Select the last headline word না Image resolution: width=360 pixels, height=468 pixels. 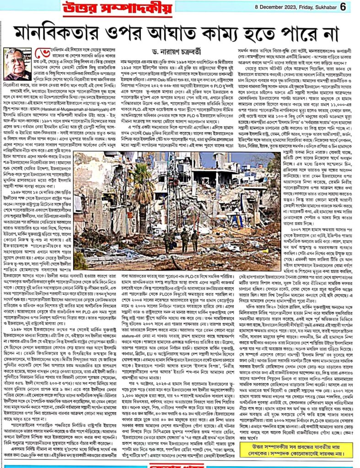click(336, 33)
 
